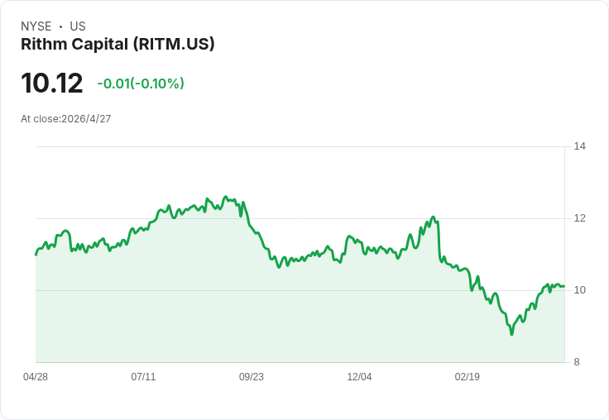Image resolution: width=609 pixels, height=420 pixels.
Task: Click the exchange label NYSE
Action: point(36,26)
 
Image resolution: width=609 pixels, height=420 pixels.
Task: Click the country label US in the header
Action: point(78,26)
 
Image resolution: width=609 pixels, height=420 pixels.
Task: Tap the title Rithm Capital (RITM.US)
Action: point(117,44)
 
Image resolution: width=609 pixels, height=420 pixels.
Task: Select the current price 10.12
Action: point(52,84)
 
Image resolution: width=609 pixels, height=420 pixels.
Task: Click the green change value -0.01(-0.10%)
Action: point(141,84)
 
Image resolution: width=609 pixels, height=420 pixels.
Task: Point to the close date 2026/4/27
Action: point(86,119)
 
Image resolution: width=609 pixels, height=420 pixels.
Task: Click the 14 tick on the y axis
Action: point(580,146)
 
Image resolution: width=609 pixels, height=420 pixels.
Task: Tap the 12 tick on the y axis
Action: point(580,218)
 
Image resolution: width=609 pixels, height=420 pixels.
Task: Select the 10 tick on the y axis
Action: point(580,290)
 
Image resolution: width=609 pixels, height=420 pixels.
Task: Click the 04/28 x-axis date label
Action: point(36,377)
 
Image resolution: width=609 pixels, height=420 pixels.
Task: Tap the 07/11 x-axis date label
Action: point(143,377)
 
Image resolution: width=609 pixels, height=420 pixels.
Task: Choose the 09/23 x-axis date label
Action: point(252,377)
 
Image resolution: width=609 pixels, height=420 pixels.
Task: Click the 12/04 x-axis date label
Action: point(359,377)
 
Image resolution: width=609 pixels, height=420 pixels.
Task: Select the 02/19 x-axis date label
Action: point(468,377)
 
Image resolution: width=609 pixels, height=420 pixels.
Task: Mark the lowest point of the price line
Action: point(511,334)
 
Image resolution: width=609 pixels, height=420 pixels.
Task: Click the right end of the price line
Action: point(563,286)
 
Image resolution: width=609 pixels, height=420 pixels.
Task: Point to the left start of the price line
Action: point(36,254)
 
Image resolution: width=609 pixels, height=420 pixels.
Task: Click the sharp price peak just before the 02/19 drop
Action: point(433,217)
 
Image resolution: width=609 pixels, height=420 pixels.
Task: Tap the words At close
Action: point(40,119)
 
